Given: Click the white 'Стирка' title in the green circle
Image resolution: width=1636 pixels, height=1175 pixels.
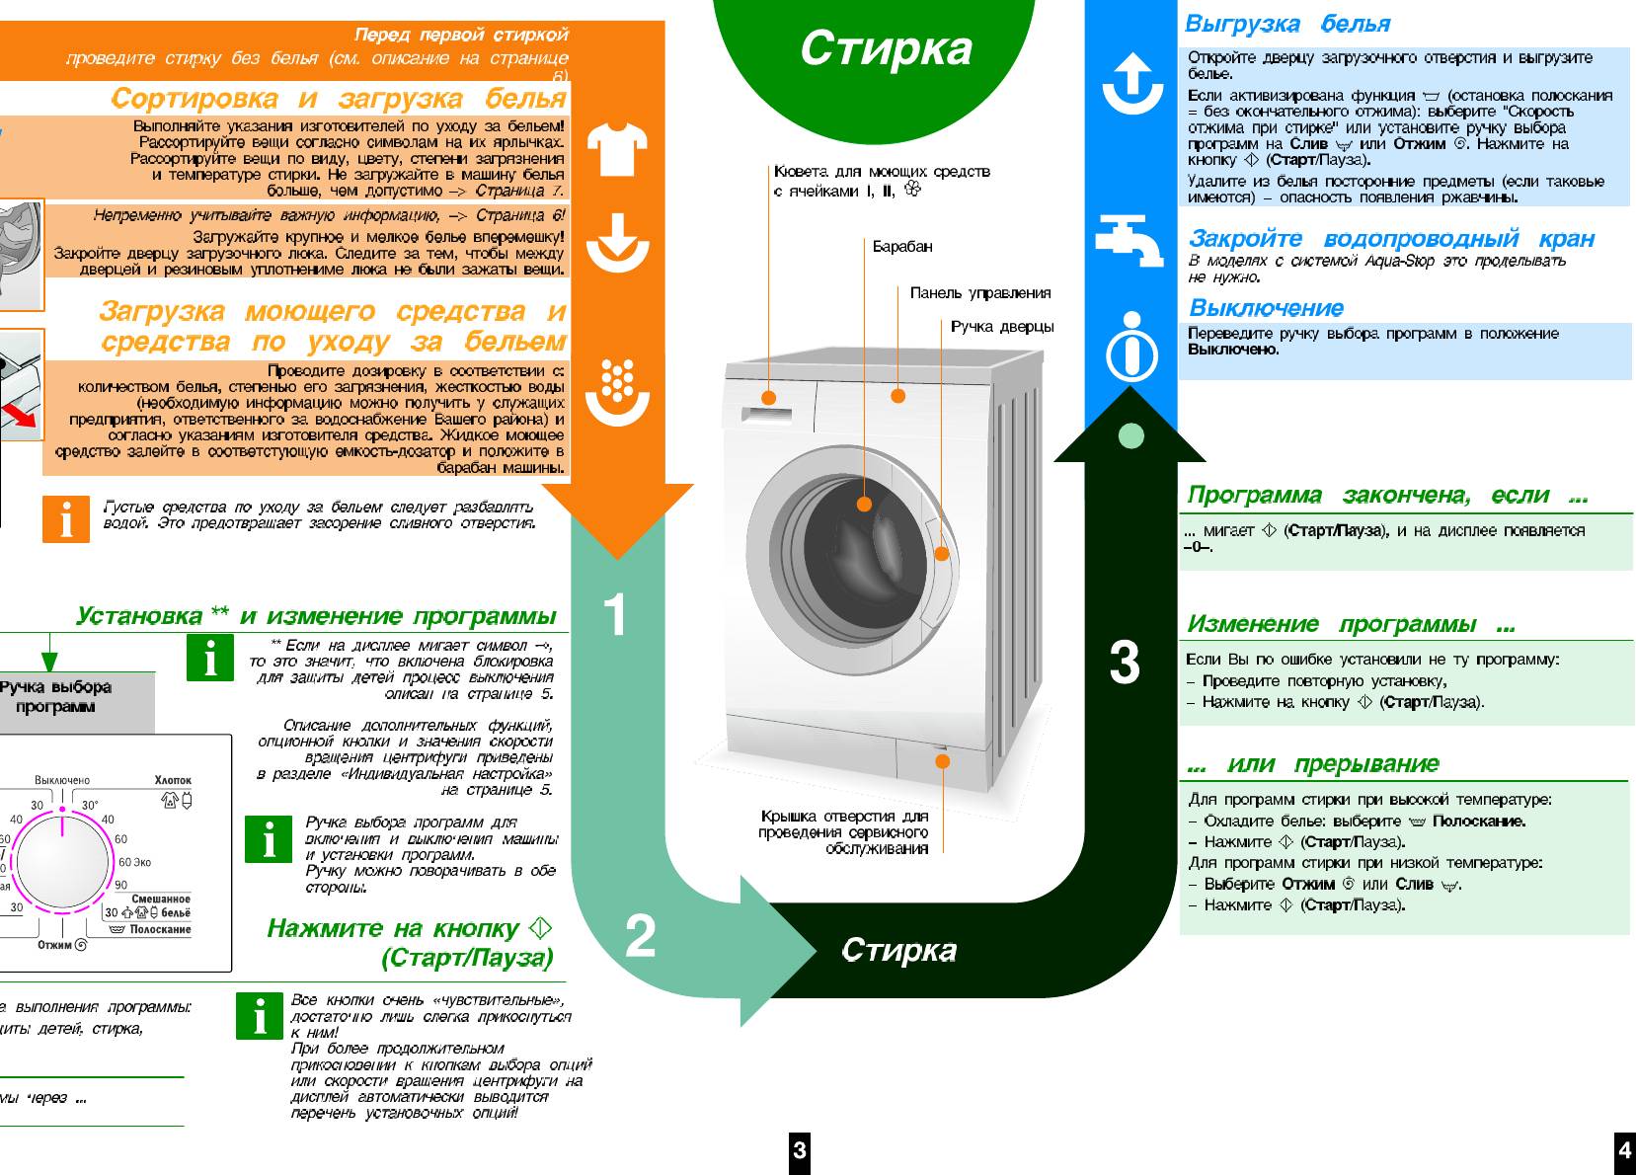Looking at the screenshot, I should pos(886,48).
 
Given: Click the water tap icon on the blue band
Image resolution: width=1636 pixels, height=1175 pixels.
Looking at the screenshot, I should pos(1130,240).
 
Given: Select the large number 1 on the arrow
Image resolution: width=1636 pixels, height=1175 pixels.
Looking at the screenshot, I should pos(615,614).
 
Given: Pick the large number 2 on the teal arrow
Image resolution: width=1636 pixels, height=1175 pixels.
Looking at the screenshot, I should pos(640,935).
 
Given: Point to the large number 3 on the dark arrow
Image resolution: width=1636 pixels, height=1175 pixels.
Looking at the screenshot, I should pos(1125,663).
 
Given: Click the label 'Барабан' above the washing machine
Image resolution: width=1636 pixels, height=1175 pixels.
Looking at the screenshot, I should pos(901,247).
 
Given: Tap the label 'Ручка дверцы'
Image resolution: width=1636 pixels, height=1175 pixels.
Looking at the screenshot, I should pos(1001,327).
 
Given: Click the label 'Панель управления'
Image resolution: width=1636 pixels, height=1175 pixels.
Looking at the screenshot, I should pos(979,293).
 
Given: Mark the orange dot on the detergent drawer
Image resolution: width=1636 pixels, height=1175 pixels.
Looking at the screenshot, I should pos(769,398).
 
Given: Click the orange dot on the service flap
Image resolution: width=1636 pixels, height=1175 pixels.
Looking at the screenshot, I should pos(942,761).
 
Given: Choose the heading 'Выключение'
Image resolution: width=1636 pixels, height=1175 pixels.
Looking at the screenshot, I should pos(1266,308).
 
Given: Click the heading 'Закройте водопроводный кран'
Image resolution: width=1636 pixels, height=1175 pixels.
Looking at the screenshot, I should pos(1390,239).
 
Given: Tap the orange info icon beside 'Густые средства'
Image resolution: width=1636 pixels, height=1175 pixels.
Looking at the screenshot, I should pos(66,519).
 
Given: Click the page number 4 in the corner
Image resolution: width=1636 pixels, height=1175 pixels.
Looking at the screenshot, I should pos(1624,1150).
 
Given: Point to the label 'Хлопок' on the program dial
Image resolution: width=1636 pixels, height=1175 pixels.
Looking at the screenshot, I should pos(173,780).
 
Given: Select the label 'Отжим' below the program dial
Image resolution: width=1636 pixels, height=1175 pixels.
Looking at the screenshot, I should pos(55,945).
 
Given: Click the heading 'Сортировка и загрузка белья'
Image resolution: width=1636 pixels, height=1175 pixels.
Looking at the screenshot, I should pos(338,99).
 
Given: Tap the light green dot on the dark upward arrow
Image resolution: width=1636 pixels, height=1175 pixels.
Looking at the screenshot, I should pos(1130,435).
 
